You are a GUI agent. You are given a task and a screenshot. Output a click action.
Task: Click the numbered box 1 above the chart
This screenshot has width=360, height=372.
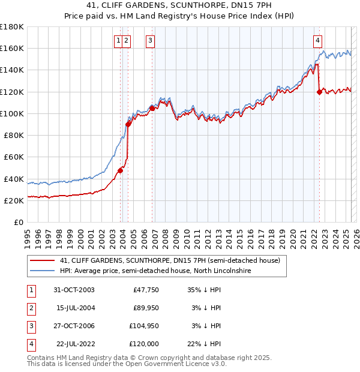(x=118, y=41)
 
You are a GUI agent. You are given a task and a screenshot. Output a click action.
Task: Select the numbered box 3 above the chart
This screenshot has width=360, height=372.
(x=149, y=41)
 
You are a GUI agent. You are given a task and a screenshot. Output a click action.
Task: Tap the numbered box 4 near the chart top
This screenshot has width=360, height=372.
(x=317, y=41)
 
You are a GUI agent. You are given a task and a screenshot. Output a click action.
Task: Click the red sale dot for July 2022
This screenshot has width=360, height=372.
(x=319, y=92)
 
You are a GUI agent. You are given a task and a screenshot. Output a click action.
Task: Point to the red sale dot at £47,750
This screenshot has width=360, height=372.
(x=120, y=170)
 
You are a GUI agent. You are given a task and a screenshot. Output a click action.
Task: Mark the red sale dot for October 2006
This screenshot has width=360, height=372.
(x=152, y=108)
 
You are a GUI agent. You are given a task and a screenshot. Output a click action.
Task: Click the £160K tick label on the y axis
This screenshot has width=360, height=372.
(x=12, y=49)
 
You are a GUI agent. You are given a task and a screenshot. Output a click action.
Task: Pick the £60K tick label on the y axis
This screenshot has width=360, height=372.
(x=14, y=157)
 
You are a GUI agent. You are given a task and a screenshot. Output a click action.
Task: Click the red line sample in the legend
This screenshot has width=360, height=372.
(x=43, y=261)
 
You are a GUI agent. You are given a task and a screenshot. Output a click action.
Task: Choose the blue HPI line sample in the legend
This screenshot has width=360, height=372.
(x=43, y=271)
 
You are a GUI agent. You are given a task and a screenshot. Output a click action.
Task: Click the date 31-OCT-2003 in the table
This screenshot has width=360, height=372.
(x=74, y=290)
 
